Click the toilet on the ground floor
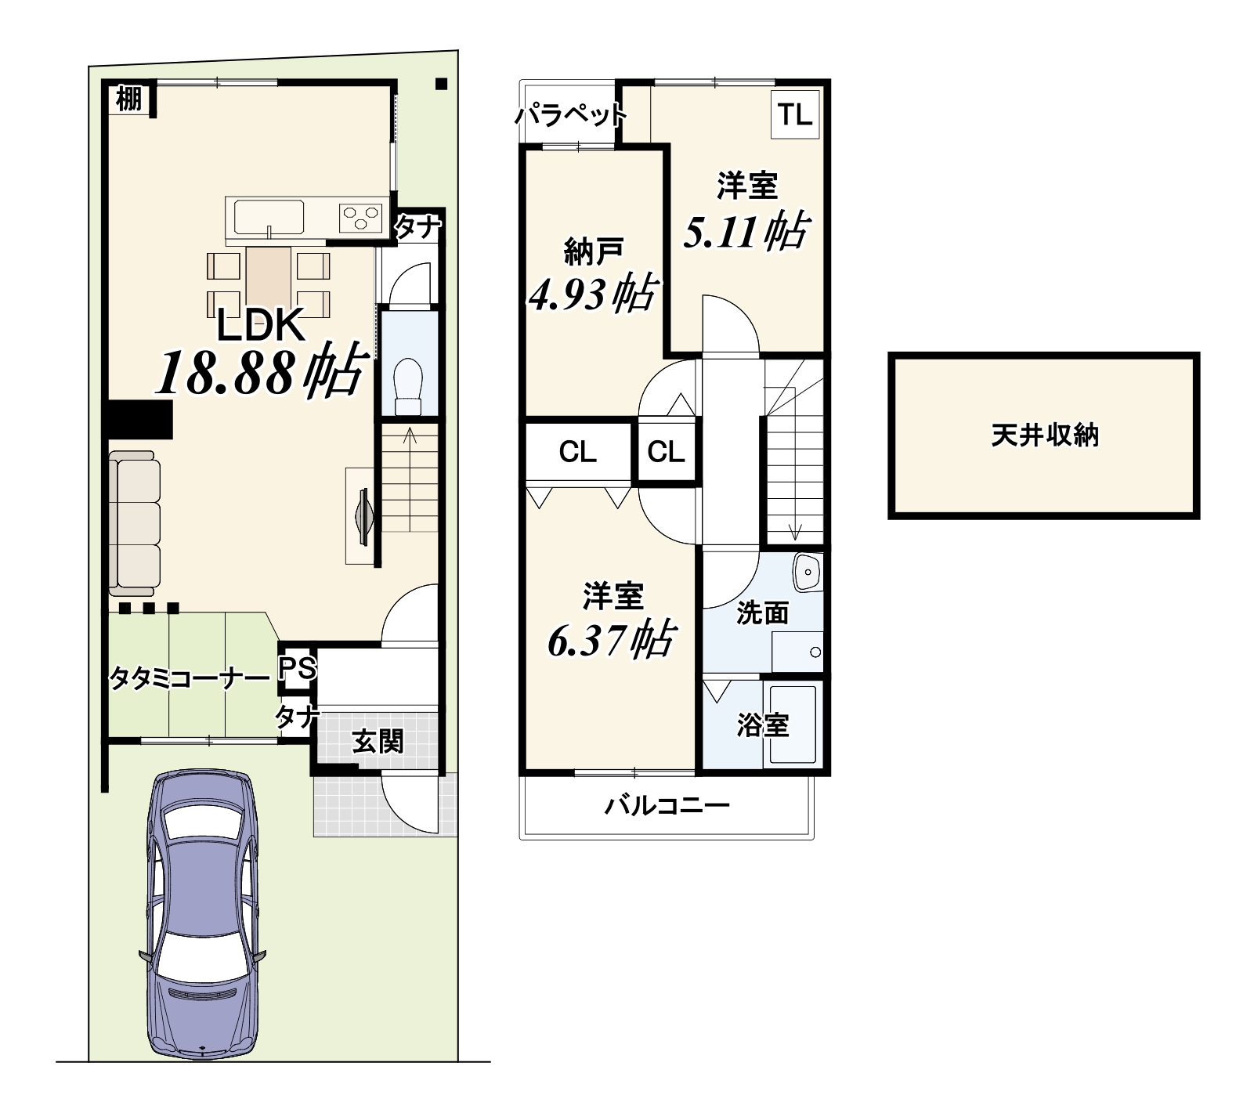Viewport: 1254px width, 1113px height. [x=408, y=386]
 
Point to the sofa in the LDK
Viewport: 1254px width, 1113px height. [x=135, y=522]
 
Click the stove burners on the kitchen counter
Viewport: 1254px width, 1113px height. [x=360, y=216]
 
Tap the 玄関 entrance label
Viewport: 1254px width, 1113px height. [x=378, y=741]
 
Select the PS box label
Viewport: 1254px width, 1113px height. [x=298, y=668]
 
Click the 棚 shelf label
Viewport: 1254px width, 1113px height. [x=129, y=99]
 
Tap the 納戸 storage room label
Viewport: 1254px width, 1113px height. [x=594, y=252]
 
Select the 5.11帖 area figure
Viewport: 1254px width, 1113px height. [x=745, y=231]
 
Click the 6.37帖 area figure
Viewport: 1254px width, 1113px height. [x=610, y=639]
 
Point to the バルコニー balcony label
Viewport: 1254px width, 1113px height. [x=667, y=805]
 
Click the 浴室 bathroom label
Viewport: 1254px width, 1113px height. [x=762, y=725]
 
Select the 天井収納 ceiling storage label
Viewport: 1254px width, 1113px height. [x=1045, y=435]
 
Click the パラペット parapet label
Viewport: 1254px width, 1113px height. [x=571, y=116]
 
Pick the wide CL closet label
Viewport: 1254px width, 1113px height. [x=578, y=452]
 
